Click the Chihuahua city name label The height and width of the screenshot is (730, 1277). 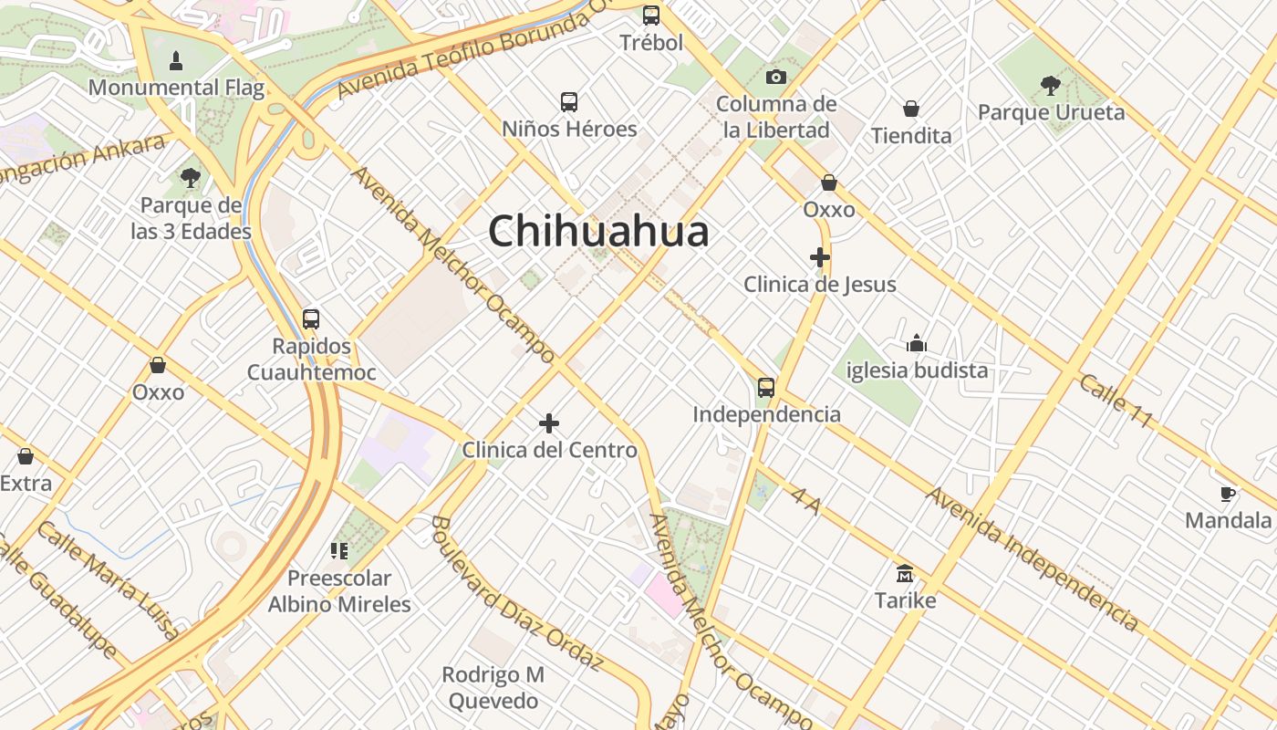pos(598,231)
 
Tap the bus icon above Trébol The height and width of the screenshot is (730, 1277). pos(650,15)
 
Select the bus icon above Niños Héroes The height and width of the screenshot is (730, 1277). pos(569,101)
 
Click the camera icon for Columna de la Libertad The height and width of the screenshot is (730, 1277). pos(776,77)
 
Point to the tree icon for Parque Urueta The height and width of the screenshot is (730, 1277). pos(1050,86)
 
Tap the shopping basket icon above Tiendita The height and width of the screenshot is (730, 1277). pos(910,109)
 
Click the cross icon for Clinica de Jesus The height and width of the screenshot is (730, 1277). pos(820,257)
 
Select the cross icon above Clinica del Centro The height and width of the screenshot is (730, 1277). pos(549,422)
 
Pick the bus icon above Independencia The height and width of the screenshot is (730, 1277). pos(766,387)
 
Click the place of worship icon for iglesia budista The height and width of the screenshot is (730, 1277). pos(917,343)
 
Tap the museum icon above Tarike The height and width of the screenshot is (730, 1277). pos(905,573)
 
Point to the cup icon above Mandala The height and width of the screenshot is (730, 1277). pos(1228,494)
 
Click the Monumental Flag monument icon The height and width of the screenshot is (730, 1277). pos(176,61)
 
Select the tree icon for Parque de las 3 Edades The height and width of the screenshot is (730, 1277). pos(190,178)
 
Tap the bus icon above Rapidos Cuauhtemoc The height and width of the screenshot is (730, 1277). pos(311,319)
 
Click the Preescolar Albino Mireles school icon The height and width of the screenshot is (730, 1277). pos(339,550)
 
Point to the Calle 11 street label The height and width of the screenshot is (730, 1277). pos(1116,400)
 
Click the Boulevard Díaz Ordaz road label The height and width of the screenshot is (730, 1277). pos(516,593)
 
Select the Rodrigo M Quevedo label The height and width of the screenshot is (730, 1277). pos(493,688)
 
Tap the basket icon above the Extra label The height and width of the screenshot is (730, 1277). pos(26,455)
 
